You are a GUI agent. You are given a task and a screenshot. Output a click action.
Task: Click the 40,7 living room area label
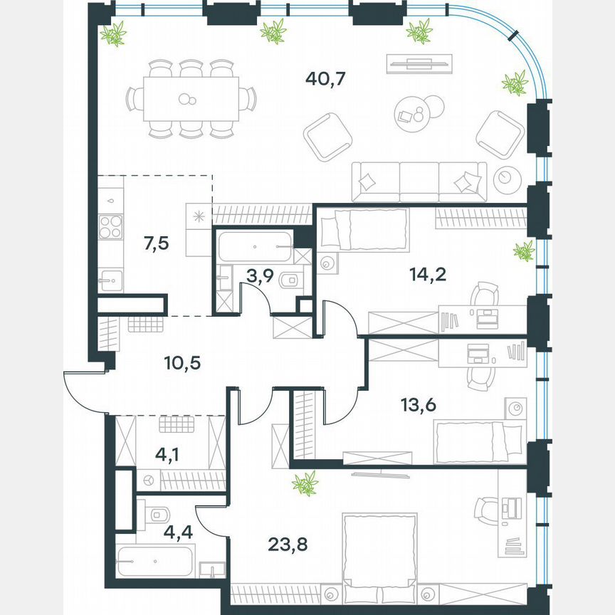(325, 79)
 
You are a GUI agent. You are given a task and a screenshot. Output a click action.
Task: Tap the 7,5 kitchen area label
(156, 243)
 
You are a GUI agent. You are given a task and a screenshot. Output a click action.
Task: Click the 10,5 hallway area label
(182, 363)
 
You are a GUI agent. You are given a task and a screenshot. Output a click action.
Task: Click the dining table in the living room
(191, 99)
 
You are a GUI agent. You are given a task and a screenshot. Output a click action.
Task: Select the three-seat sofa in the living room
(420, 182)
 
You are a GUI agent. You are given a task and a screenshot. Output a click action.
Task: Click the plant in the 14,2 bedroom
(524, 251)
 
